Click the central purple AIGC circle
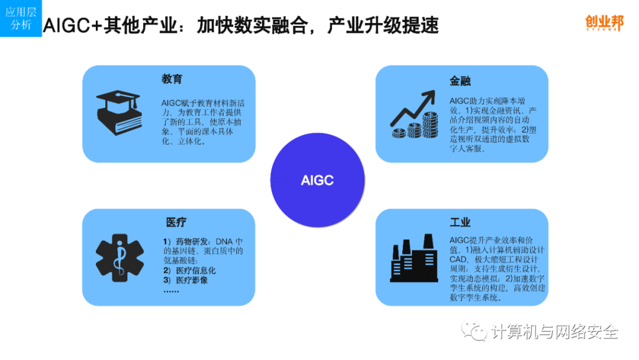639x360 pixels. click(x=318, y=180)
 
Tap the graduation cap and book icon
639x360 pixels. click(x=118, y=112)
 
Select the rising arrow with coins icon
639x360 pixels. click(x=414, y=114)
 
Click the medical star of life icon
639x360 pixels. click(x=120, y=258)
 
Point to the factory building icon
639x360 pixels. click(x=414, y=258)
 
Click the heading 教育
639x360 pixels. click(x=172, y=79)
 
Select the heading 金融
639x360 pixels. click(x=460, y=81)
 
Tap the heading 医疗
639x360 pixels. click(x=176, y=222)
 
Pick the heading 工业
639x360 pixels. click(x=460, y=222)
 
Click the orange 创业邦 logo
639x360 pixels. click(x=604, y=22)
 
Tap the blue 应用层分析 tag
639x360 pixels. click(x=21, y=18)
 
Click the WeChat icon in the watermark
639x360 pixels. click(x=474, y=331)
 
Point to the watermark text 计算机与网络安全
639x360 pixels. click(x=554, y=332)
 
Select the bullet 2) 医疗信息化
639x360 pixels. click(x=189, y=271)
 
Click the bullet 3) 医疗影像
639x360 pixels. click(x=185, y=280)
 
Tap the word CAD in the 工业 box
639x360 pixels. click(x=458, y=259)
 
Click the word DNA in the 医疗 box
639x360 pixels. click(x=224, y=242)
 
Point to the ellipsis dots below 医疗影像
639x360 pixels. click(x=171, y=291)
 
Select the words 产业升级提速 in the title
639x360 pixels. click(x=383, y=25)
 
